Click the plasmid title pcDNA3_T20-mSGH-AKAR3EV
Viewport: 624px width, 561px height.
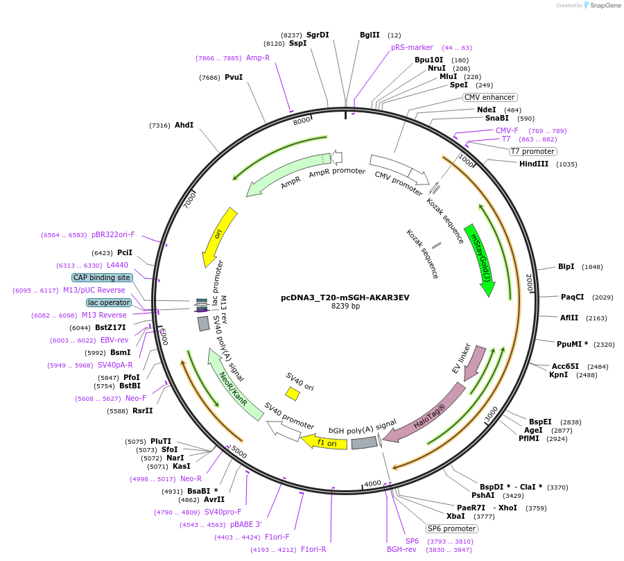345,297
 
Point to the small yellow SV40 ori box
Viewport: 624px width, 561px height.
293,394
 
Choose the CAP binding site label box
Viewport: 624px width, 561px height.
102,277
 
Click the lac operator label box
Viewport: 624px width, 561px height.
109,302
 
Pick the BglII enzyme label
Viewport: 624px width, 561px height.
370,35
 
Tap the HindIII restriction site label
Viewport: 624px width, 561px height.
534,164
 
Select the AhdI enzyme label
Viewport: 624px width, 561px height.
184,125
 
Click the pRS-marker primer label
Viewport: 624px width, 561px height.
412,47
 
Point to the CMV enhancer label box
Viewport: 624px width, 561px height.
489,97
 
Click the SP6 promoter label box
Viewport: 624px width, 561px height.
451,528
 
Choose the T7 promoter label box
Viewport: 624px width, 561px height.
532,151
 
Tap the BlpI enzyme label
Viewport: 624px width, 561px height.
566,266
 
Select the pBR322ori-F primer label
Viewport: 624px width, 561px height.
113,234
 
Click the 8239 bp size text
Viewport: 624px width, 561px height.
345,306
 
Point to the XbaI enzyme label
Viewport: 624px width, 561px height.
456,517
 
